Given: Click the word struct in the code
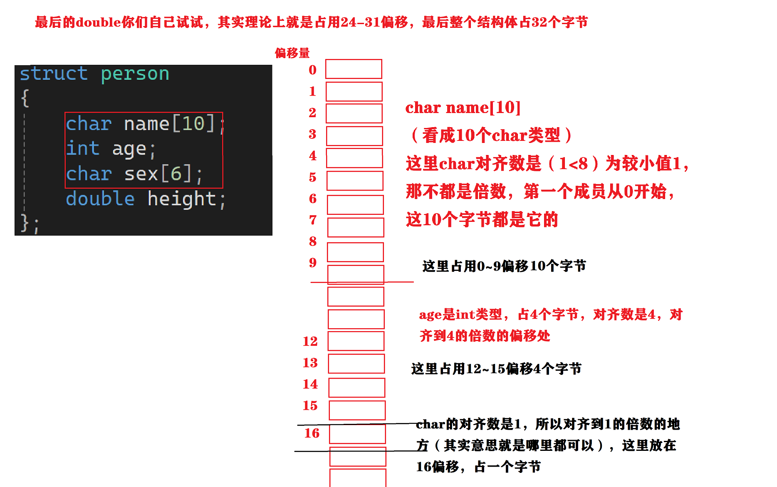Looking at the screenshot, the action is pyautogui.click(x=54, y=74).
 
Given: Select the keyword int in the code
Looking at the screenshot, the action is pyautogui.click(x=83, y=148).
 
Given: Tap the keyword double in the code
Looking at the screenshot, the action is pyautogui.click(x=100, y=199).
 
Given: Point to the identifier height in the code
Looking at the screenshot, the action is pyautogui.click(x=182, y=199).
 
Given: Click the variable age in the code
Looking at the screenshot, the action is pyautogui.click(x=129, y=149).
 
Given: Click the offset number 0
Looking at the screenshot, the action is pyautogui.click(x=313, y=70).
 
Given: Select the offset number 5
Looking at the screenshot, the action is pyautogui.click(x=313, y=178).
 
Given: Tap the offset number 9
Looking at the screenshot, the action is pyautogui.click(x=313, y=263).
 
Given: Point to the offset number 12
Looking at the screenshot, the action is pyautogui.click(x=310, y=342).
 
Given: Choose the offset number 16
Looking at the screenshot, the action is pyautogui.click(x=312, y=433).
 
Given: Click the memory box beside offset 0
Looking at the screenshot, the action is pyautogui.click(x=354, y=69).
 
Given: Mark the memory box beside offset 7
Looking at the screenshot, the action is pyautogui.click(x=356, y=227).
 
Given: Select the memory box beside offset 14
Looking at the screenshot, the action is pyautogui.click(x=357, y=388).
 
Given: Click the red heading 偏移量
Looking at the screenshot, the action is pyautogui.click(x=292, y=53).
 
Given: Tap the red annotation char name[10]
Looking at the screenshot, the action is pyautogui.click(x=463, y=108).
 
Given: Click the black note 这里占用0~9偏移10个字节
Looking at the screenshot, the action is pyautogui.click(x=504, y=266).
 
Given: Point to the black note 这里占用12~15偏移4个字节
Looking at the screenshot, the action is pyautogui.click(x=496, y=369).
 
